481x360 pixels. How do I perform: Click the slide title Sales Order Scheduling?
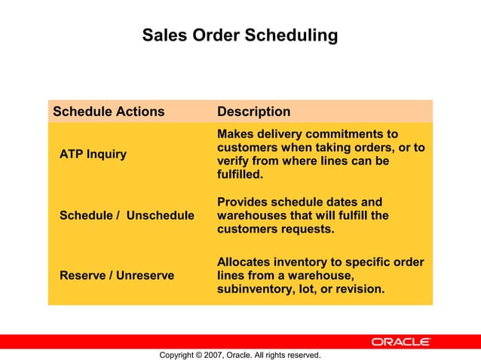coord(240,35)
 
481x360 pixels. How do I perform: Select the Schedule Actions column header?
coord(109,111)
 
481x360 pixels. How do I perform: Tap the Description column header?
coord(253,111)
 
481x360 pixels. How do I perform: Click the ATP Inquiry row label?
coord(93,154)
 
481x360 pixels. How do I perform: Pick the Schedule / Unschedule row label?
coord(127,215)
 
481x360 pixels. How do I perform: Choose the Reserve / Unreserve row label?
coord(117,276)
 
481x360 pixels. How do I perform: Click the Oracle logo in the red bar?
coord(400,342)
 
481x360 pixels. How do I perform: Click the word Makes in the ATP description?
coord(235,133)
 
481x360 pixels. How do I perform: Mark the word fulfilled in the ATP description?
coord(239,175)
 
